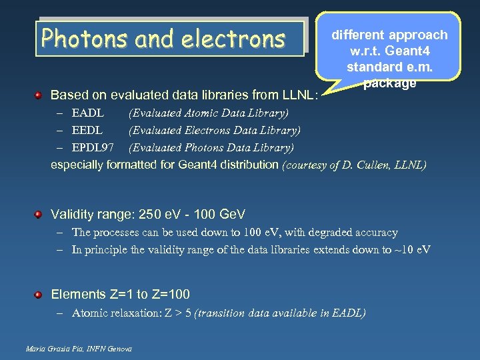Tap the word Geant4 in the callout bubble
[424, 51]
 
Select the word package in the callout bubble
[390, 83]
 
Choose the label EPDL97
[93, 147]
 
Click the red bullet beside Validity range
[39, 214]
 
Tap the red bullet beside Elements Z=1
[39, 294]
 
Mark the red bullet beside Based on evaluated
[39, 94]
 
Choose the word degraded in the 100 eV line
[329, 233]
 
